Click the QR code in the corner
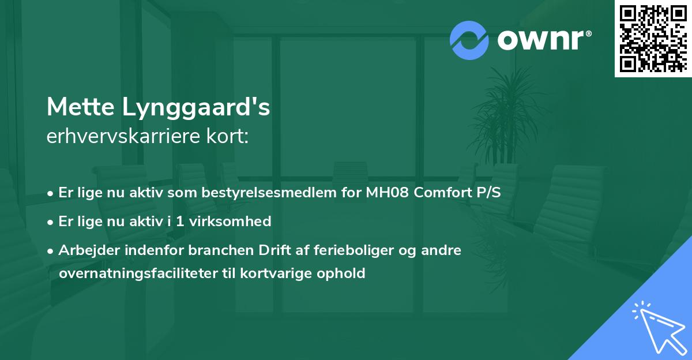point(653,39)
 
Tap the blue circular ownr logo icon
point(469,40)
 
